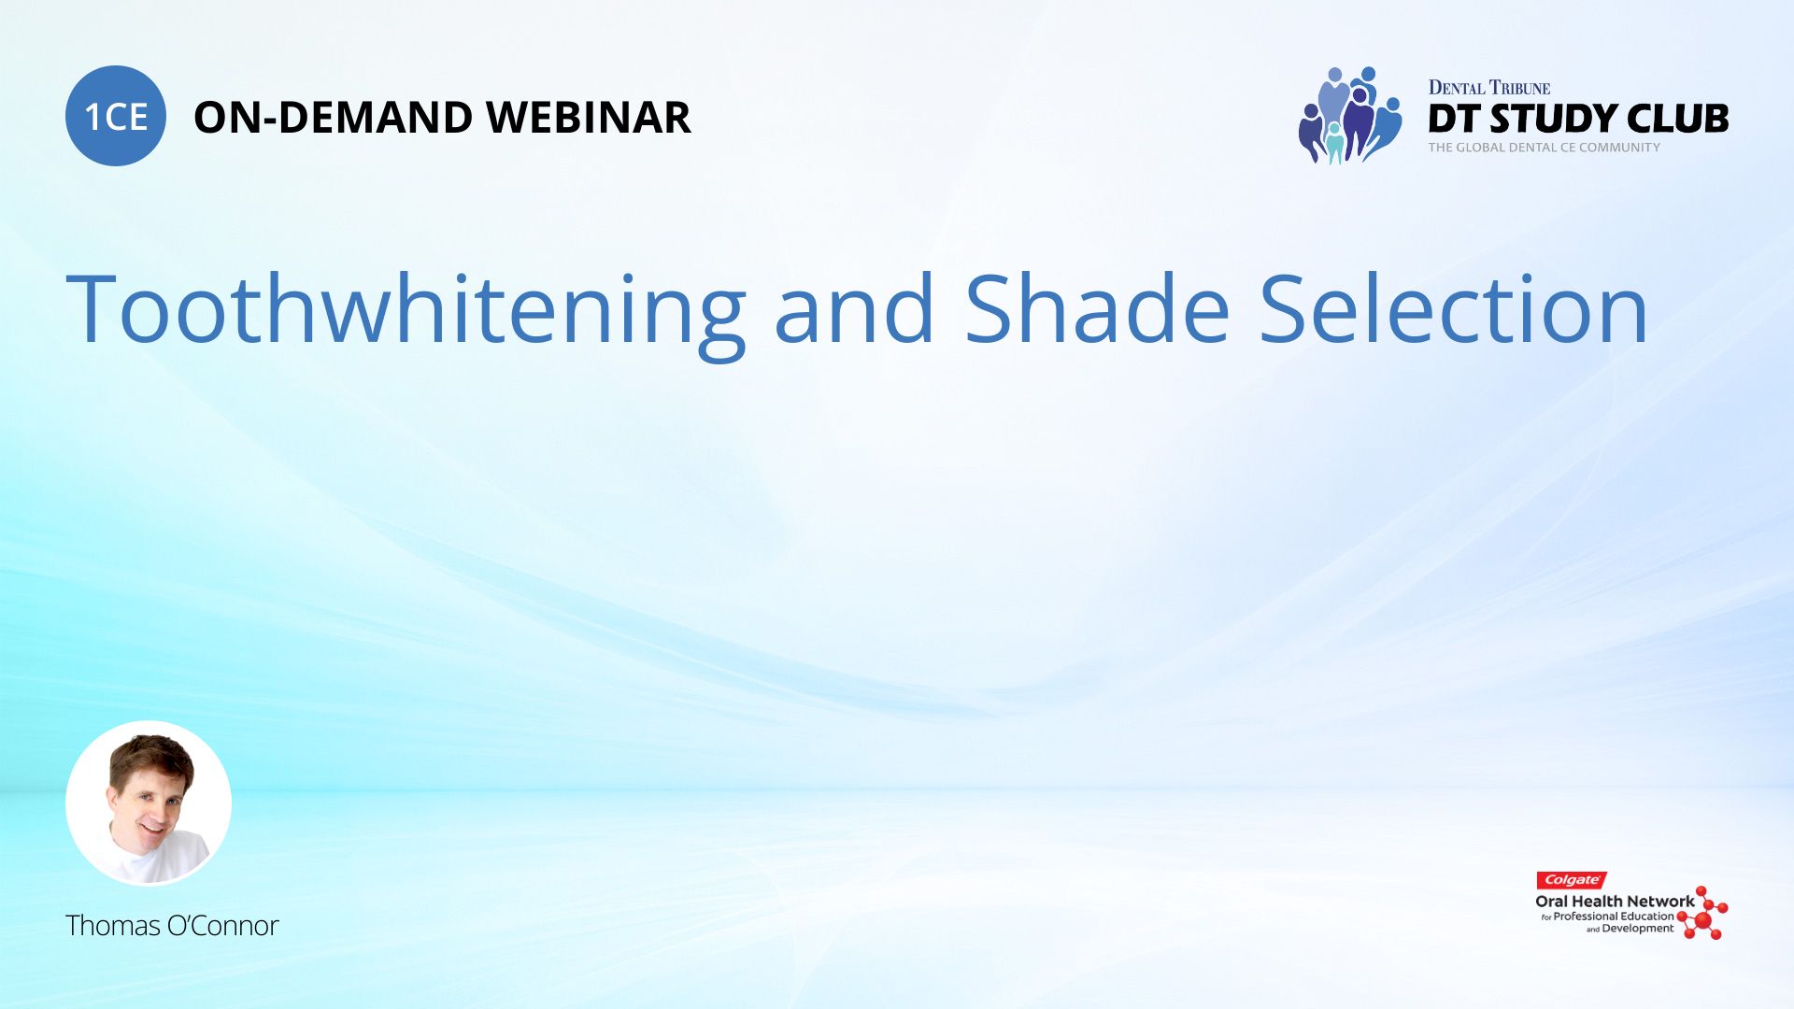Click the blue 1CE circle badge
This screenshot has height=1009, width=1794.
pyautogui.click(x=116, y=116)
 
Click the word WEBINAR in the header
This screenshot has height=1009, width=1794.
pyautogui.click(x=589, y=118)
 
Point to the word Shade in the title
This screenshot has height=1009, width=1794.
pyautogui.click(x=1097, y=308)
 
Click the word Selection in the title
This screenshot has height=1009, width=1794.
pyautogui.click(x=1454, y=308)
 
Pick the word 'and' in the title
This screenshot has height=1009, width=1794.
pyautogui.click(x=854, y=308)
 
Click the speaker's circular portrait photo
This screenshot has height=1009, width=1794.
pyautogui.click(x=149, y=803)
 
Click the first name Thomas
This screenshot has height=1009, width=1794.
pyautogui.click(x=113, y=926)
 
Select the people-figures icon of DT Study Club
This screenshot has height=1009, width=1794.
pyautogui.click(x=1350, y=115)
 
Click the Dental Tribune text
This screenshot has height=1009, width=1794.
pyautogui.click(x=1489, y=88)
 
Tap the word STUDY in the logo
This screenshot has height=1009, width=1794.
pyautogui.click(x=1551, y=119)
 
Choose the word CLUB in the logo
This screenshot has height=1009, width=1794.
pyautogui.click(x=1678, y=119)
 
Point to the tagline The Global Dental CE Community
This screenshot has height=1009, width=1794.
pyautogui.click(x=1545, y=148)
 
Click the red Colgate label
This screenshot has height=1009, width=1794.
pyautogui.click(x=1572, y=880)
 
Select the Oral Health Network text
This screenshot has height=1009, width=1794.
pyautogui.click(x=1615, y=902)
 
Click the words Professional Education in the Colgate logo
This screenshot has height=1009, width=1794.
pyautogui.click(x=1614, y=917)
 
